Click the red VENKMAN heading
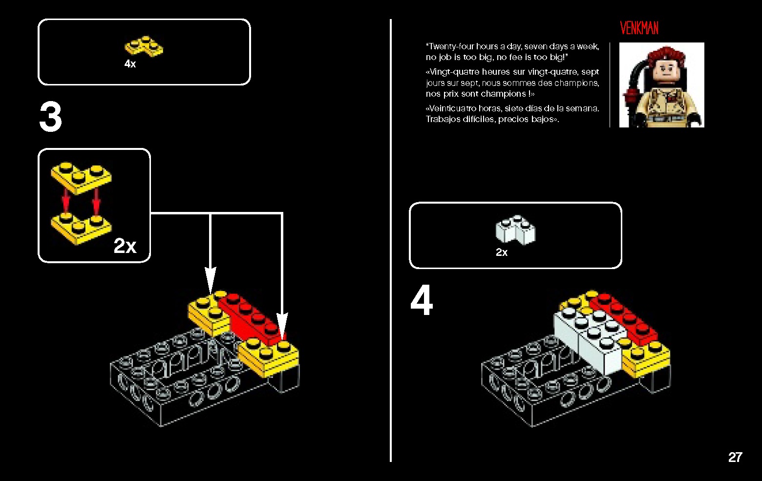639,28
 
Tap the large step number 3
51,117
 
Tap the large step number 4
422,300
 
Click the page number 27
735,457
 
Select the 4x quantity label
130,63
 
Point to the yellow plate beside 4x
144,46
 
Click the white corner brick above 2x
516,230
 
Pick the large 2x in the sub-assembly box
125,246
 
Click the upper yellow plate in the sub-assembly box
81,178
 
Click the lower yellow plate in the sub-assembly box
81,228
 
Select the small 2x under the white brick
502,252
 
